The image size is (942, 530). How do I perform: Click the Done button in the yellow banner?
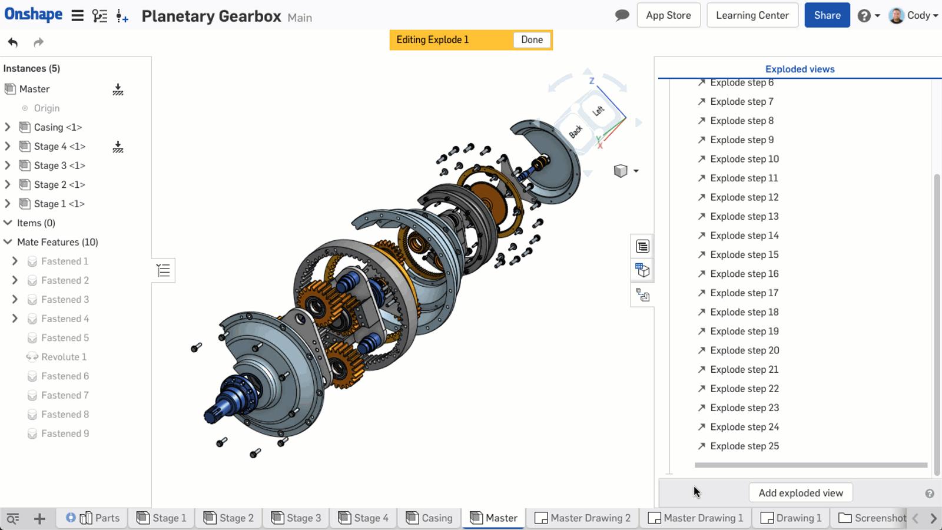coord(532,40)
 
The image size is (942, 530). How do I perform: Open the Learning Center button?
coord(752,15)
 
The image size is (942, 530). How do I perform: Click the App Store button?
coord(668,15)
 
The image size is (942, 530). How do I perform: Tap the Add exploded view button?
coord(800,492)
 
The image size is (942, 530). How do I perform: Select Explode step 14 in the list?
coord(744,236)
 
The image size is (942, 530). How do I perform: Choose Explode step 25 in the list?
coord(744,446)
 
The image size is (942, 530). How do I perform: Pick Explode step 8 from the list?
coord(742,121)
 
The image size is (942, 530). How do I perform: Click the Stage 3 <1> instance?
coord(59,165)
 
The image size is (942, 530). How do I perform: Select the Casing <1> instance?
coord(58,127)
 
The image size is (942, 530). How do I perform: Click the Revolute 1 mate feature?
coord(64,357)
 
